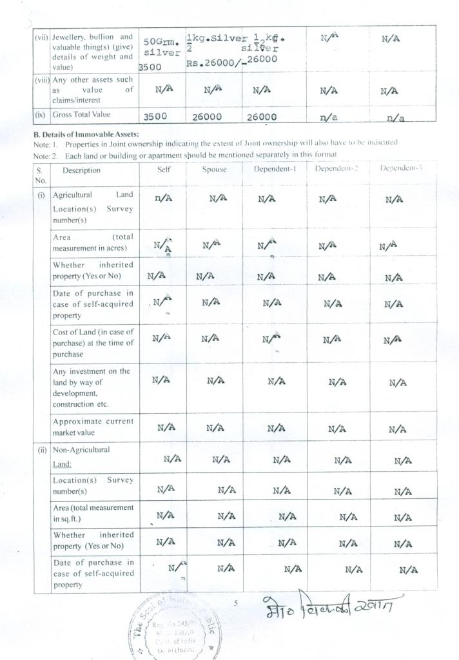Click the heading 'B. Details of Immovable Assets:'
click(x=86, y=134)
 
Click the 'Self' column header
click(x=164, y=170)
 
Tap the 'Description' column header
click(x=81, y=170)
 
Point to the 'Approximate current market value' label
click(x=93, y=427)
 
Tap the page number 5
click(x=236, y=603)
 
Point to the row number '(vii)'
click(x=41, y=37)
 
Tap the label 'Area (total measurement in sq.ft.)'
click(x=93, y=513)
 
